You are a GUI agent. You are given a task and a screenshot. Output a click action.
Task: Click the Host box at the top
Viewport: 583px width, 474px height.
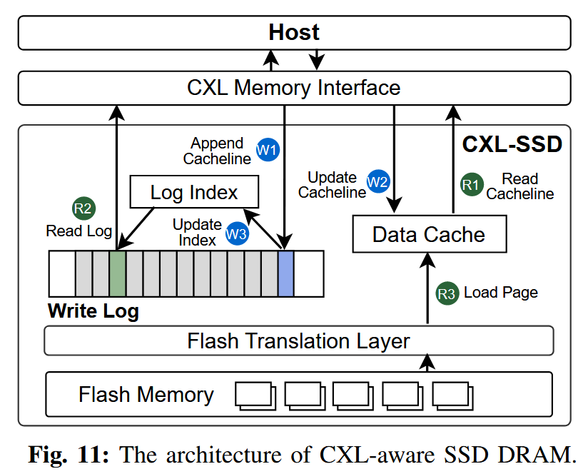294,33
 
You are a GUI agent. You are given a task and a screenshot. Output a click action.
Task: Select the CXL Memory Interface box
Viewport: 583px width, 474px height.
294,88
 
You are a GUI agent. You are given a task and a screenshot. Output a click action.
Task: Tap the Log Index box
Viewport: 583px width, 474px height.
193,193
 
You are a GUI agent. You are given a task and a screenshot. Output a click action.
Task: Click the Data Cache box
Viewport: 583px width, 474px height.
429,234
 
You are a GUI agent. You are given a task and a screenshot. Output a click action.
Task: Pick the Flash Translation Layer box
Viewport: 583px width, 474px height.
298,341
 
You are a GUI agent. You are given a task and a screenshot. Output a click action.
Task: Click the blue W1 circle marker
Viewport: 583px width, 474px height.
268,151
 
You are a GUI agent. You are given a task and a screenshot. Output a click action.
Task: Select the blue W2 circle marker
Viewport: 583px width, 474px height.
377,182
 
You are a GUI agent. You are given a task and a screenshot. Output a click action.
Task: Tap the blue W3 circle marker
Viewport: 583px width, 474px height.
237,233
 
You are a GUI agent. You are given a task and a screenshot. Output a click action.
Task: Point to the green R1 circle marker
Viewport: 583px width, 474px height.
470,184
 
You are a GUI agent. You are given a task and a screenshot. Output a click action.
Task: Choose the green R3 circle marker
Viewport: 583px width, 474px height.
446,293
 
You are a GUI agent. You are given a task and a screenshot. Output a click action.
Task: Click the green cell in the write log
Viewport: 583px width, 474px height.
118,273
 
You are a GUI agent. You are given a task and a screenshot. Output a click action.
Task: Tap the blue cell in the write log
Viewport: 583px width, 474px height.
285,273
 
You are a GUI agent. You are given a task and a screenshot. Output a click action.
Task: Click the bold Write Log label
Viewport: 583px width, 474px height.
93,311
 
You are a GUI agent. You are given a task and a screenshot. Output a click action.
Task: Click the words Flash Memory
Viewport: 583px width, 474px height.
146,395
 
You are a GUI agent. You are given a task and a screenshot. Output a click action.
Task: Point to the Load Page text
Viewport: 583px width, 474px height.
501,293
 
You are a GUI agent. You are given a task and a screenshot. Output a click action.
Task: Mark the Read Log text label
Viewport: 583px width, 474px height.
78,231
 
